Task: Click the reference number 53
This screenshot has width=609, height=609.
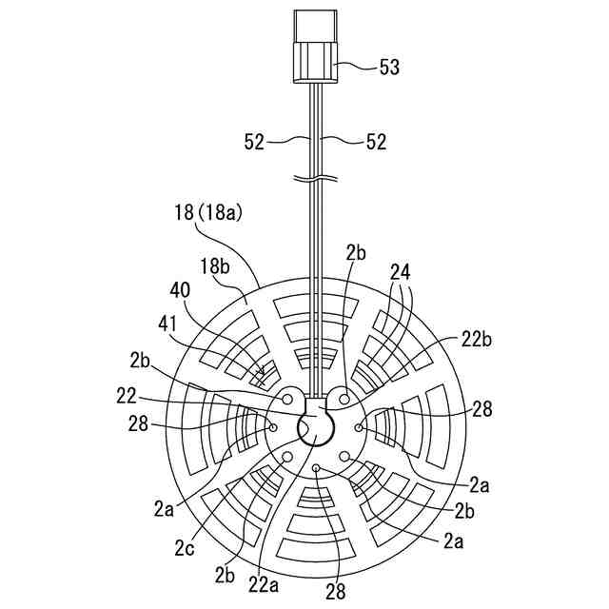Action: (389, 67)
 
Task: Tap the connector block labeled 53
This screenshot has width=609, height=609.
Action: (315, 47)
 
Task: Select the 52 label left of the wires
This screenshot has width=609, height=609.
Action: (254, 142)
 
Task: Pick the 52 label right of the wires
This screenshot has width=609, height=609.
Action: (377, 142)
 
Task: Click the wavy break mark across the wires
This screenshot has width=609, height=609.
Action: (315, 179)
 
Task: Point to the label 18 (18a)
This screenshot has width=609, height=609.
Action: (208, 212)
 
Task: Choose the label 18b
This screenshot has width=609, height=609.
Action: (215, 266)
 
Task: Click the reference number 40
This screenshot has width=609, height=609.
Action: (180, 290)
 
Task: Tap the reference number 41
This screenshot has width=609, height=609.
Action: (167, 324)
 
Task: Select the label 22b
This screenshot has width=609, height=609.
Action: (477, 340)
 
